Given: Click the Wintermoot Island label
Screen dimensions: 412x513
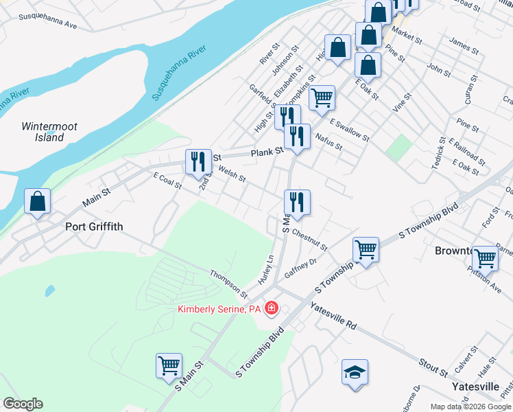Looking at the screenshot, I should (43, 132).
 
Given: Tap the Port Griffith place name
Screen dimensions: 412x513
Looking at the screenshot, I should (93, 226).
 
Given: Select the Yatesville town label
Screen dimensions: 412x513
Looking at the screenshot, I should (475, 387).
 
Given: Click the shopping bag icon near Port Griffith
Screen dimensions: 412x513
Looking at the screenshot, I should (38, 202).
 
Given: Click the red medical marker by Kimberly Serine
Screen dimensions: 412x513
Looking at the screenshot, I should (272, 309).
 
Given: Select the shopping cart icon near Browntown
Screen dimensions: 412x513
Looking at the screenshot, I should (485, 258).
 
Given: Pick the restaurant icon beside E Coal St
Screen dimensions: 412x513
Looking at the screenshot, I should (198, 162).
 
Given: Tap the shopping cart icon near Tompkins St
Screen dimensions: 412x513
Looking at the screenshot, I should (321, 98).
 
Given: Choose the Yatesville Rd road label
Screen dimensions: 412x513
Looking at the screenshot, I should (334, 315).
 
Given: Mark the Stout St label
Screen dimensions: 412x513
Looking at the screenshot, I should (433, 367).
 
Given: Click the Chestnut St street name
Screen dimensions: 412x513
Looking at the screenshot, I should (309, 241).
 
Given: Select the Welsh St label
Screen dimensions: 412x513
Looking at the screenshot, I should (232, 176).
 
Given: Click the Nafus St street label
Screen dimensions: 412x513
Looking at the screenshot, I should (328, 142).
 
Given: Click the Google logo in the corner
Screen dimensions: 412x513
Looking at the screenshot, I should (23, 404).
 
